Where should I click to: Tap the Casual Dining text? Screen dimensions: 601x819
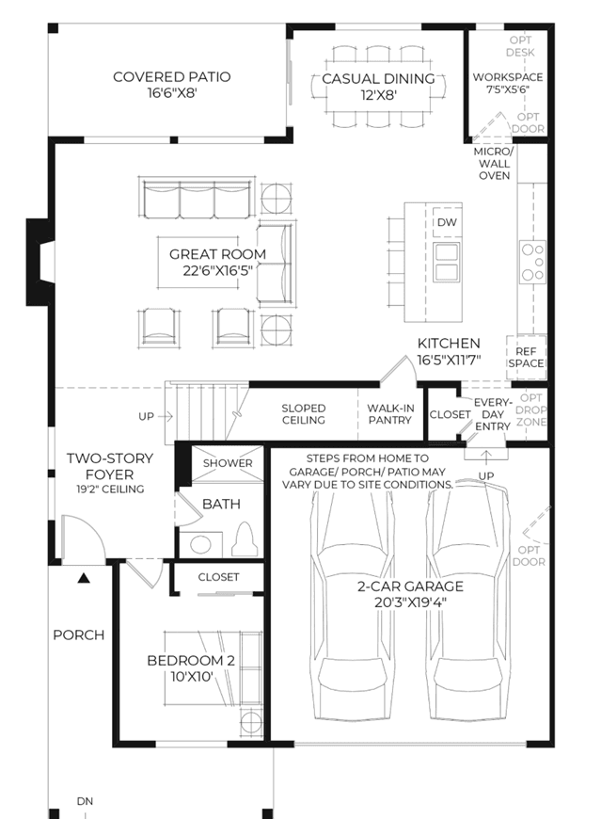click(378, 79)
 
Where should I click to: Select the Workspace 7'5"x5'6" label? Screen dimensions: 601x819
click(508, 83)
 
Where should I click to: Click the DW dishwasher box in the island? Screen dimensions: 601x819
click(447, 222)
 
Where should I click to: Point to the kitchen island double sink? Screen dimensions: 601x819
click(446, 263)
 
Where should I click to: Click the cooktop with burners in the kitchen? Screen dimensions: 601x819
click(532, 262)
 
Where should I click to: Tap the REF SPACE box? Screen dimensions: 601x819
click(527, 358)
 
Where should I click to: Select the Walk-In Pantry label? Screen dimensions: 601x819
click(390, 413)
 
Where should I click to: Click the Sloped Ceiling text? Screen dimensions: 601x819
click(304, 413)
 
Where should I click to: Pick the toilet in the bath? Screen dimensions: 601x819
click(245, 539)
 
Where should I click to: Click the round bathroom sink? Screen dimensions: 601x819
click(200, 545)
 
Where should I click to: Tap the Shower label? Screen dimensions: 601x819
click(228, 463)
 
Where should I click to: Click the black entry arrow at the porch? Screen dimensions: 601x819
click(84, 578)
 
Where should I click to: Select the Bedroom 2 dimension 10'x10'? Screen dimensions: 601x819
click(192, 677)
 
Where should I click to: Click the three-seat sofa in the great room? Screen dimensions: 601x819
click(197, 201)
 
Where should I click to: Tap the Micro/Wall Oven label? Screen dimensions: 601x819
click(494, 164)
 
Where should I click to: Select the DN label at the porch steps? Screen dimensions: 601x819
click(85, 801)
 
